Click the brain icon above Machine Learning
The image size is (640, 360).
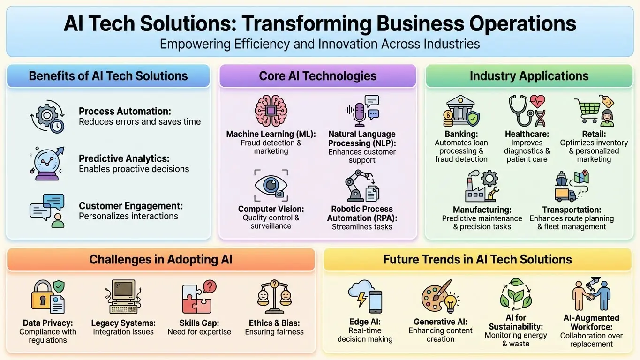[271, 111]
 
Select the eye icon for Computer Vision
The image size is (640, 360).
[271, 185]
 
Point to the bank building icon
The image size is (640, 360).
[460, 110]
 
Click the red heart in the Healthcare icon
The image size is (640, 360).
[537, 101]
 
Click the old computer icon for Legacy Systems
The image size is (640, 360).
[123, 296]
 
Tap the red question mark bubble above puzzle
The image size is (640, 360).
[210, 286]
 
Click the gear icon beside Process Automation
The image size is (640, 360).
[46, 115]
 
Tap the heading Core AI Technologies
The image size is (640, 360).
[318, 76]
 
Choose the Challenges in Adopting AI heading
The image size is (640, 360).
[161, 259]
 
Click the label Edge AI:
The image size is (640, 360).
[365, 322]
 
